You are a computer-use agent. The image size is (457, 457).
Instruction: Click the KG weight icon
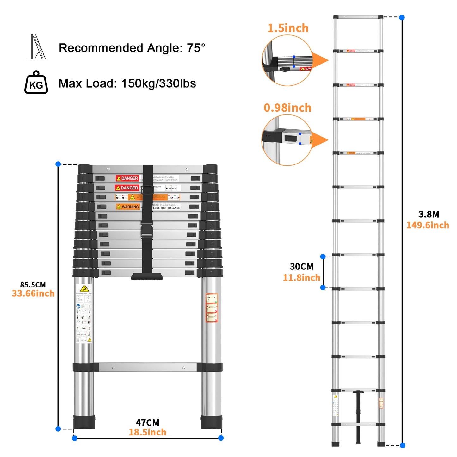36,83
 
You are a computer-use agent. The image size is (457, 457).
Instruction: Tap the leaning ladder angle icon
37,47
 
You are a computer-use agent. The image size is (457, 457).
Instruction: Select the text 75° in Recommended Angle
196,48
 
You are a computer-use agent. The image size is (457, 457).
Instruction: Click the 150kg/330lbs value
158,83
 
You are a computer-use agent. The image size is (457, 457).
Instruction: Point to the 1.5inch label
288,28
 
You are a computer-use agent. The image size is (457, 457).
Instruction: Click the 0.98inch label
287,108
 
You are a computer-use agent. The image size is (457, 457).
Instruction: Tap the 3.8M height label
429,214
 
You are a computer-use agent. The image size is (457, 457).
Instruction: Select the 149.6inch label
428,225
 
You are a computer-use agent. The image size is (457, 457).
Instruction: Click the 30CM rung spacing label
301,267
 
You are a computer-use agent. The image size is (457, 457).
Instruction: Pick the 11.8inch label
301,278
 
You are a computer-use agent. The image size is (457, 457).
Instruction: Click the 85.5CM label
33,285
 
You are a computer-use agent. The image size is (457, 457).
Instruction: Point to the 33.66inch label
33,293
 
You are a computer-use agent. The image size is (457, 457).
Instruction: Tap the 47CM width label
147,423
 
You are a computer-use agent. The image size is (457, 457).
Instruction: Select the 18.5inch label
147,432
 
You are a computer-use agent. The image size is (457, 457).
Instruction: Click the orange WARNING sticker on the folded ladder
128,207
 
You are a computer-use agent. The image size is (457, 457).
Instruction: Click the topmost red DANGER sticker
127,178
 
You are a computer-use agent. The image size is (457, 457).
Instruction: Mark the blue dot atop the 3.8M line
402,18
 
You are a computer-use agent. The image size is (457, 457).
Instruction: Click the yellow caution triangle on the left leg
84,288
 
